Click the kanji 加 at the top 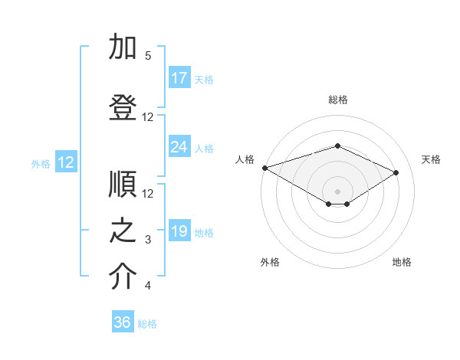click(x=123, y=47)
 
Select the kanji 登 click(x=123, y=108)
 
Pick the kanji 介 click(x=123, y=277)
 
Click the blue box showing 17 click(x=179, y=78)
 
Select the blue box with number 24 click(x=179, y=147)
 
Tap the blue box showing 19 click(x=179, y=232)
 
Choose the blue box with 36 click(x=123, y=322)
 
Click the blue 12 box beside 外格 click(x=65, y=162)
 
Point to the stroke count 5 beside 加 click(x=148, y=56)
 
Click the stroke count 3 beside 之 click(x=148, y=241)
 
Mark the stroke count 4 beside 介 click(x=148, y=286)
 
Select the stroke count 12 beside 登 click(x=148, y=117)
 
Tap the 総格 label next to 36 click(x=148, y=324)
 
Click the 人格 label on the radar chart click(x=245, y=159)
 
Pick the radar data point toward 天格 click(x=396, y=172)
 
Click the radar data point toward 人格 click(x=264, y=168)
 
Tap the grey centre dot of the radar click(x=337, y=190)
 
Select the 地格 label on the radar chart click(x=402, y=263)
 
